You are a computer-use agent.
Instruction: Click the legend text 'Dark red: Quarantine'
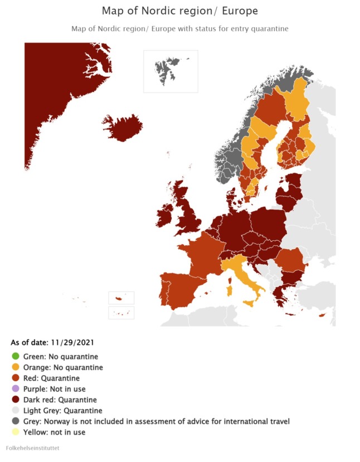60,400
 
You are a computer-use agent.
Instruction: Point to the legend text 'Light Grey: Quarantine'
62,411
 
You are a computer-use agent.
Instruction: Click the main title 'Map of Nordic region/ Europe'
179,11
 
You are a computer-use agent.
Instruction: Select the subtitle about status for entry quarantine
179,28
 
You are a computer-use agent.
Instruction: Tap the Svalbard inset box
171,71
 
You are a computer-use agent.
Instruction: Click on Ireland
166,215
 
